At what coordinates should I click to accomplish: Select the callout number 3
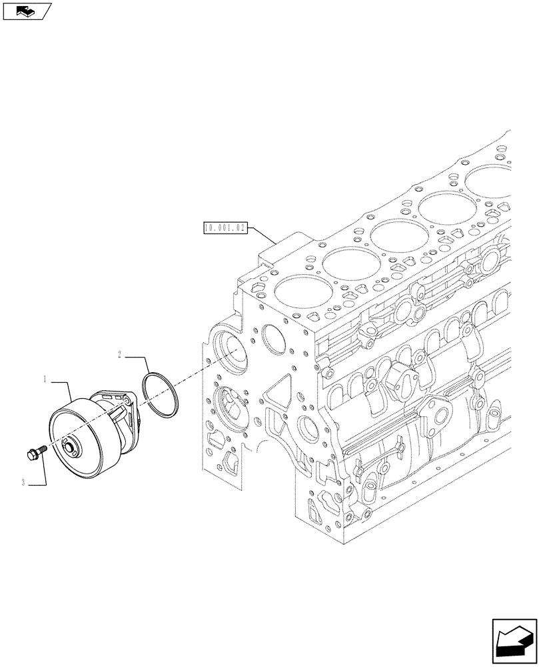click(x=23, y=482)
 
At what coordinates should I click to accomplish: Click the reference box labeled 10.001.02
click(x=225, y=228)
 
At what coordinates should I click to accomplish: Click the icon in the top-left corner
click(x=26, y=11)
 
